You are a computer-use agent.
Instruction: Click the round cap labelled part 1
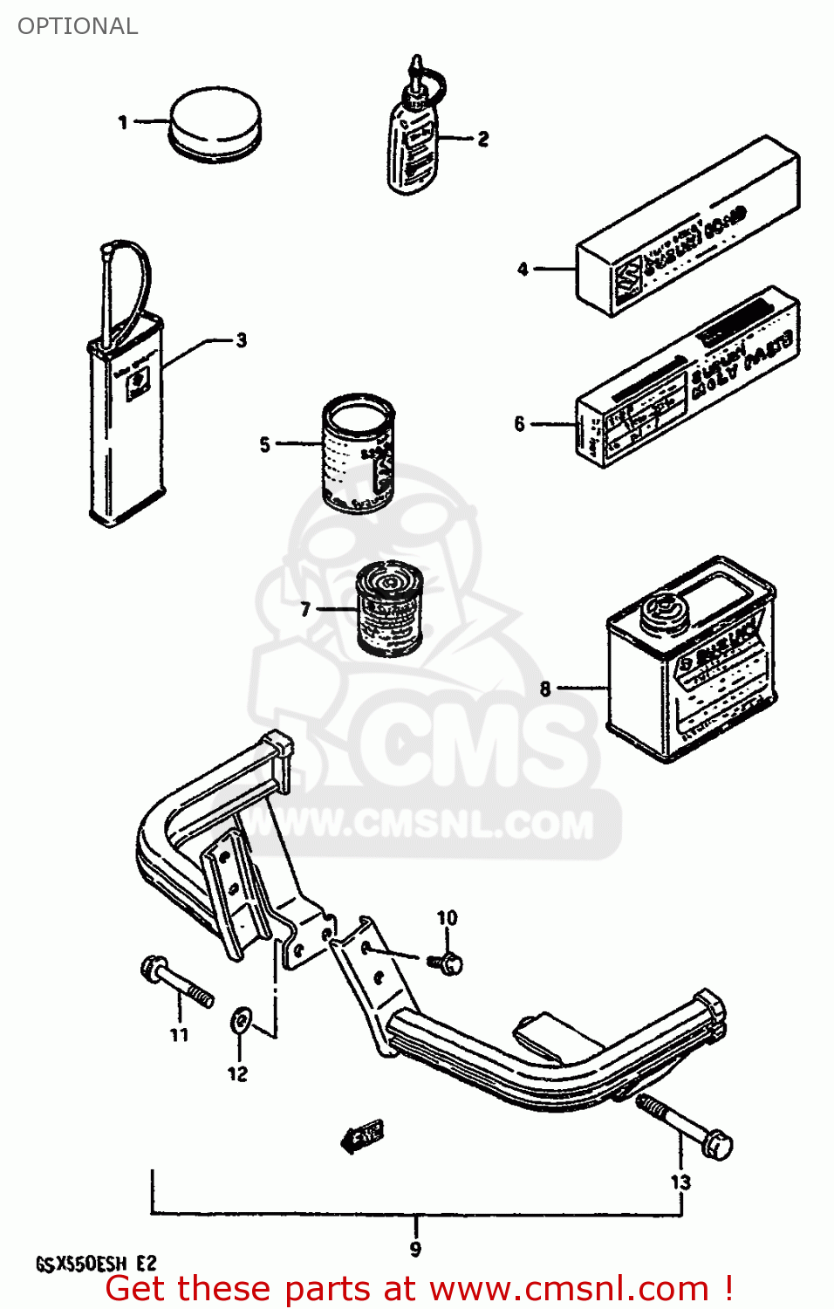(215, 123)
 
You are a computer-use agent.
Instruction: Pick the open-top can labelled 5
(358, 454)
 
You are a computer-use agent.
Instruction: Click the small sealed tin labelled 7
(389, 610)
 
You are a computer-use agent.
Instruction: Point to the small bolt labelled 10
(448, 963)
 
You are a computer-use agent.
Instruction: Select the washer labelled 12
(239, 1021)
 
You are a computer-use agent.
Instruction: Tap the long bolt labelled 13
(686, 1127)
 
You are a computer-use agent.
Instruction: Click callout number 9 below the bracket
(415, 1250)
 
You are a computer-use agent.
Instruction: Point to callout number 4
(523, 269)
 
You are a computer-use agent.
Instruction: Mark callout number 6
(520, 424)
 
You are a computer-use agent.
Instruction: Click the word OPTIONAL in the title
(78, 26)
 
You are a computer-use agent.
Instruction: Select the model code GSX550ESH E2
(96, 1264)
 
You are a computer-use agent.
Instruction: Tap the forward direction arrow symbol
(362, 1135)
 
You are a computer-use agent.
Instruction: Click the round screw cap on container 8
(660, 611)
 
